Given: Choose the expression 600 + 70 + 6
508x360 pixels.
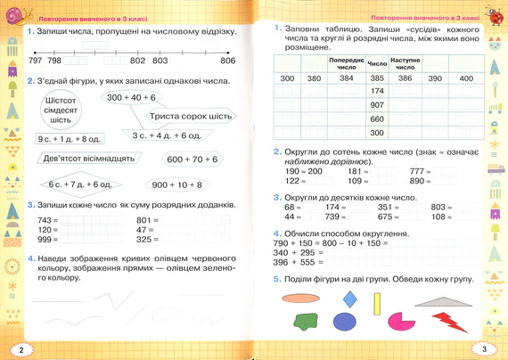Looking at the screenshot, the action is tap(192, 160).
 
